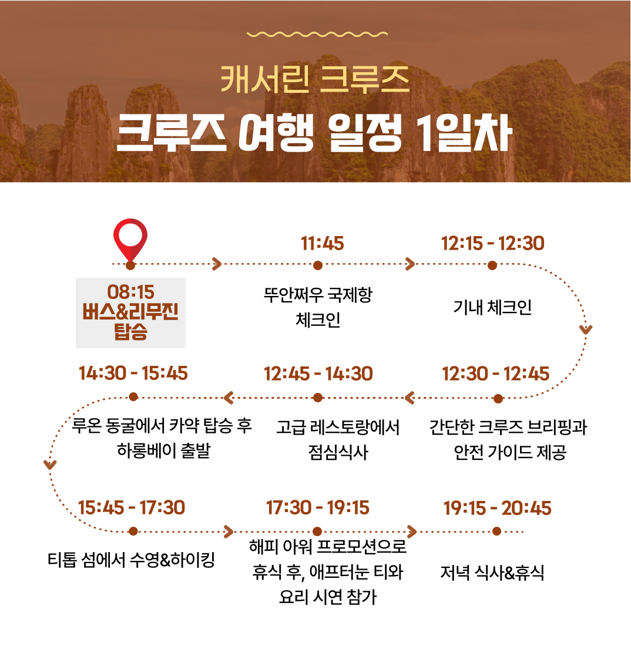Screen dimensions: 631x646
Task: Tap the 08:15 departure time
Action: [130, 292]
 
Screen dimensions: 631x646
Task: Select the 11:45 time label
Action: [322, 244]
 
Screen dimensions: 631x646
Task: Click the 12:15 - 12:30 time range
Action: [492, 244]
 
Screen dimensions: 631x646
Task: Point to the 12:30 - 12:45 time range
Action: [495, 374]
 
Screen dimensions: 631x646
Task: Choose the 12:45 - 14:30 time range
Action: [318, 374]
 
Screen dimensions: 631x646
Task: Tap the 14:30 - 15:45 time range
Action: [133, 373]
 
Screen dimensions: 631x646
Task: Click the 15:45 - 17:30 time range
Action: [132, 507]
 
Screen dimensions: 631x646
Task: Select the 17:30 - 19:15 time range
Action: [317, 507]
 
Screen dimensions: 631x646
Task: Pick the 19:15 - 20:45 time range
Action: [497, 508]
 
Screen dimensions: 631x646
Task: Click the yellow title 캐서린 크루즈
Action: [315, 79]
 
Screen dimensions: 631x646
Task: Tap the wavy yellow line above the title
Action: [317, 34]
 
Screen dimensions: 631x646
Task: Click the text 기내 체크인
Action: [492, 307]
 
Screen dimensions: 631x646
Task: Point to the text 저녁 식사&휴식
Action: [492, 573]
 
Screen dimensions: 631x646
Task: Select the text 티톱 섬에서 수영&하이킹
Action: [131, 560]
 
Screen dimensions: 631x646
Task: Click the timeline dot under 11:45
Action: [317, 265]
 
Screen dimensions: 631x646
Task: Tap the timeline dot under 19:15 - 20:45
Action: [496, 531]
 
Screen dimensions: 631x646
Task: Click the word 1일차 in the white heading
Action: [464, 133]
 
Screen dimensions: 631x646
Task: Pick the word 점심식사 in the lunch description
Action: [338, 453]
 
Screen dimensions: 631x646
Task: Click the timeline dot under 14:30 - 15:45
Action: [133, 397]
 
